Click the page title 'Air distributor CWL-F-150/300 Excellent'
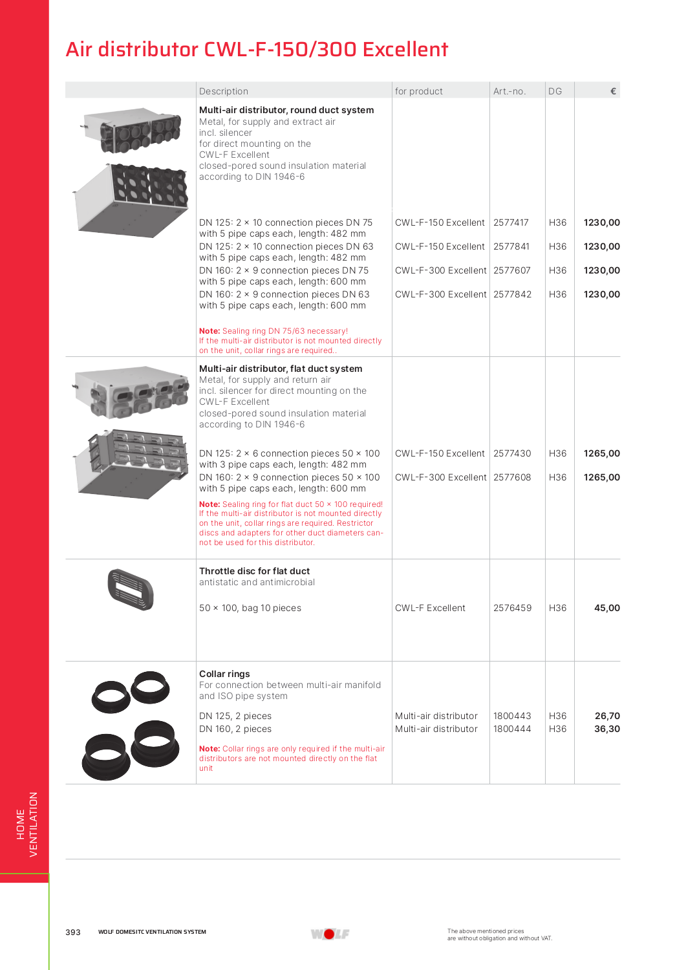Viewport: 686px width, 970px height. pos(257,50)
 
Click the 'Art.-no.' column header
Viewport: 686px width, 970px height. pos(509,91)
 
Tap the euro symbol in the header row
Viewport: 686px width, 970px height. pos(613,91)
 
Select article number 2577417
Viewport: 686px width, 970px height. pos(511,222)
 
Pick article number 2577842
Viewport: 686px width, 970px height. pos(512,294)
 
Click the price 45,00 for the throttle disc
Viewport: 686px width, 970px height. pos(606,608)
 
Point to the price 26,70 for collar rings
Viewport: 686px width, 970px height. pos(607,716)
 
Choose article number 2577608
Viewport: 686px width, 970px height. pos(512,477)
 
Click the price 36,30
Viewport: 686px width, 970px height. pos(607,729)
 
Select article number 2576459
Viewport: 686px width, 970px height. pos(512,608)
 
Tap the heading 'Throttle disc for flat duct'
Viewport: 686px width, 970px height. pos(254,571)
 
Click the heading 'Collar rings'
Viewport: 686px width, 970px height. pos(224,674)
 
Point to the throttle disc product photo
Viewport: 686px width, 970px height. pos(131,589)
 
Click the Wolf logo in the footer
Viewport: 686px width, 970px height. pos(330,934)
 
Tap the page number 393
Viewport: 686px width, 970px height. pos(73,932)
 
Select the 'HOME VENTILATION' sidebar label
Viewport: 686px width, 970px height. pos(27,824)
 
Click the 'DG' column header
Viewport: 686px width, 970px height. pos(555,91)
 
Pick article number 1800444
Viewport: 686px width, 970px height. pos(512,729)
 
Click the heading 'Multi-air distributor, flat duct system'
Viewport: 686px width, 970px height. pos(281,369)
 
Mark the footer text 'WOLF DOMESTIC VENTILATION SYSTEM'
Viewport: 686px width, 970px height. pos(152,932)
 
